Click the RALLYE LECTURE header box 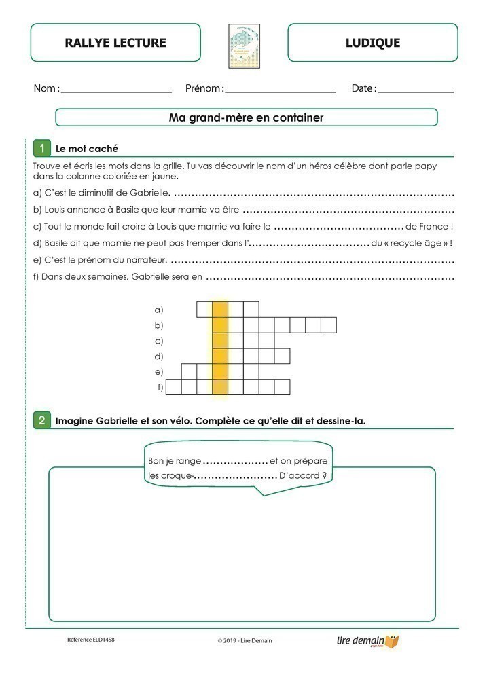115,43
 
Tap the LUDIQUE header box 372,43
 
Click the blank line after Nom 116,90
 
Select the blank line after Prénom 281,90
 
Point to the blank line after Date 416,90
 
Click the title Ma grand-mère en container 246,117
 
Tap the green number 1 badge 41,148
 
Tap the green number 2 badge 41,420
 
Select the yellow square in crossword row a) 220,310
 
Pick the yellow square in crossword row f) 220,387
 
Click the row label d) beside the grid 159,356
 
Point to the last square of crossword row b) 328,325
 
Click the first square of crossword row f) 174,387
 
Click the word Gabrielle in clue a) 145,193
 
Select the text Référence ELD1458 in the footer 91,640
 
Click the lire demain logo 368,640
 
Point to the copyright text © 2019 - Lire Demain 245,640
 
